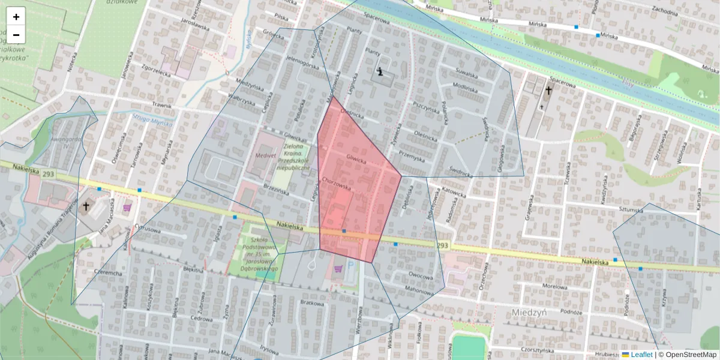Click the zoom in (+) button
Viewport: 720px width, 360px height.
coord(16,17)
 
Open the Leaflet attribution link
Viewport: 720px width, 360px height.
coord(641,355)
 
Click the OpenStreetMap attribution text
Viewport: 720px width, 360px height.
coord(690,355)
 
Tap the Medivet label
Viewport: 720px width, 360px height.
coord(265,154)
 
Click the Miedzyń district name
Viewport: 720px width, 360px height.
coord(530,313)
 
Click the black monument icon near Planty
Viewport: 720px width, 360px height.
coord(380,73)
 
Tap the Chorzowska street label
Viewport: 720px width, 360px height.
coord(336,180)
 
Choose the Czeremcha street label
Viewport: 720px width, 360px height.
coord(108,272)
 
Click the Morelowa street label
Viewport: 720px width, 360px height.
coord(554,286)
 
